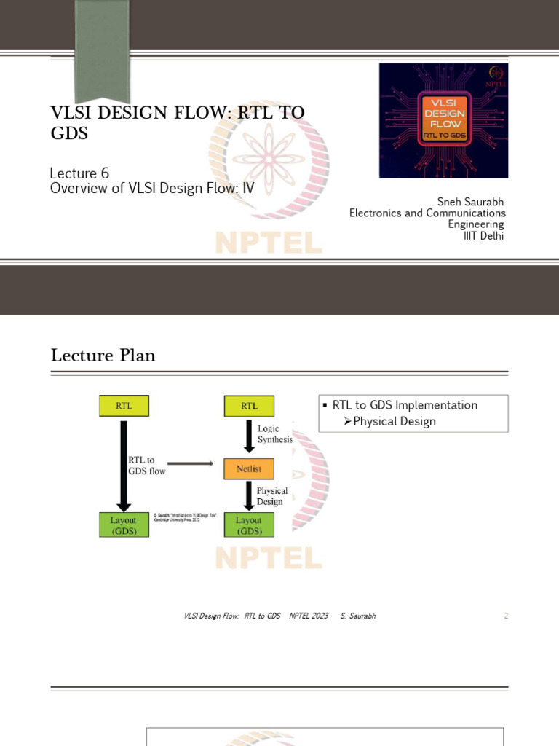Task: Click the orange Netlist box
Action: tap(248, 468)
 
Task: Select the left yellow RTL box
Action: tap(124, 406)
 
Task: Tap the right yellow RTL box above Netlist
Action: tap(249, 406)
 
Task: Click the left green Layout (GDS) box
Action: tap(124, 525)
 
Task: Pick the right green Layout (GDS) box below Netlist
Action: tap(249, 525)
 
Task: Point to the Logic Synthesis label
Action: tap(274, 434)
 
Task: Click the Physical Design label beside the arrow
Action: tap(272, 496)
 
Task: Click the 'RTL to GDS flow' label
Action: tap(147, 466)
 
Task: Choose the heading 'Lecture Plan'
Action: tap(103, 356)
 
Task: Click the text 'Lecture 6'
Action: tap(79, 173)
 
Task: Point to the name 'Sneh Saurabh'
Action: tap(470, 202)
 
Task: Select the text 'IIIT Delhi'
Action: tap(484, 235)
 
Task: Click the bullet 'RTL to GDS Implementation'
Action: tap(405, 405)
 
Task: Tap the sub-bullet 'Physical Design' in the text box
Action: tap(394, 421)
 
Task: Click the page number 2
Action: tap(506, 616)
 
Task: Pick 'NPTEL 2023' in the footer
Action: tap(309, 616)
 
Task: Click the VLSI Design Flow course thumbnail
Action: tap(443, 120)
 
